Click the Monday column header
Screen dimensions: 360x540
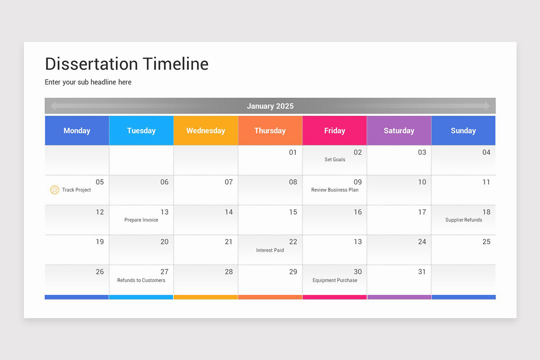pos(77,130)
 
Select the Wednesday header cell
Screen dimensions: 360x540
pos(206,130)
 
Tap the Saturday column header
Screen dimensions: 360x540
pos(399,130)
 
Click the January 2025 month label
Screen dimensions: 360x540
pos(270,106)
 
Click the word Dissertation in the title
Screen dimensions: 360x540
pos(91,64)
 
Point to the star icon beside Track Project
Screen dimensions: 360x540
pos(54,190)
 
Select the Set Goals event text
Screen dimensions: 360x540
pos(335,160)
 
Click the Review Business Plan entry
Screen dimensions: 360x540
pos(335,190)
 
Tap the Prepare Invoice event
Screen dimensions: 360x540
pos(141,220)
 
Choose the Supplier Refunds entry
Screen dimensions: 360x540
pos(463,220)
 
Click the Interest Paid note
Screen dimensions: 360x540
pos(270,250)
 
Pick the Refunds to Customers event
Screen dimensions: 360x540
pos(141,280)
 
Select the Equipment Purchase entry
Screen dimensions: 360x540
pos(335,280)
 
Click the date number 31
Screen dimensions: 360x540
pos(422,272)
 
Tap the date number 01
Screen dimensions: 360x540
pos(293,153)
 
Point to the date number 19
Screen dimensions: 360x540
pos(99,242)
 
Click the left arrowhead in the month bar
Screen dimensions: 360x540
pos(54,106)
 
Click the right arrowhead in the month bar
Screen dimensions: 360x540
pos(487,106)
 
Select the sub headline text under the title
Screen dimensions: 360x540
pos(88,82)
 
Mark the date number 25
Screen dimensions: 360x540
pos(486,242)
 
